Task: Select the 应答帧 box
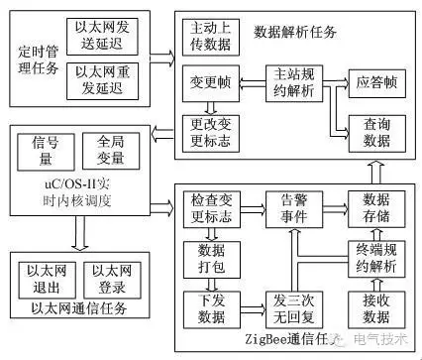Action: (x=375, y=83)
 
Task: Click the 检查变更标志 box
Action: (x=209, y=207)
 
